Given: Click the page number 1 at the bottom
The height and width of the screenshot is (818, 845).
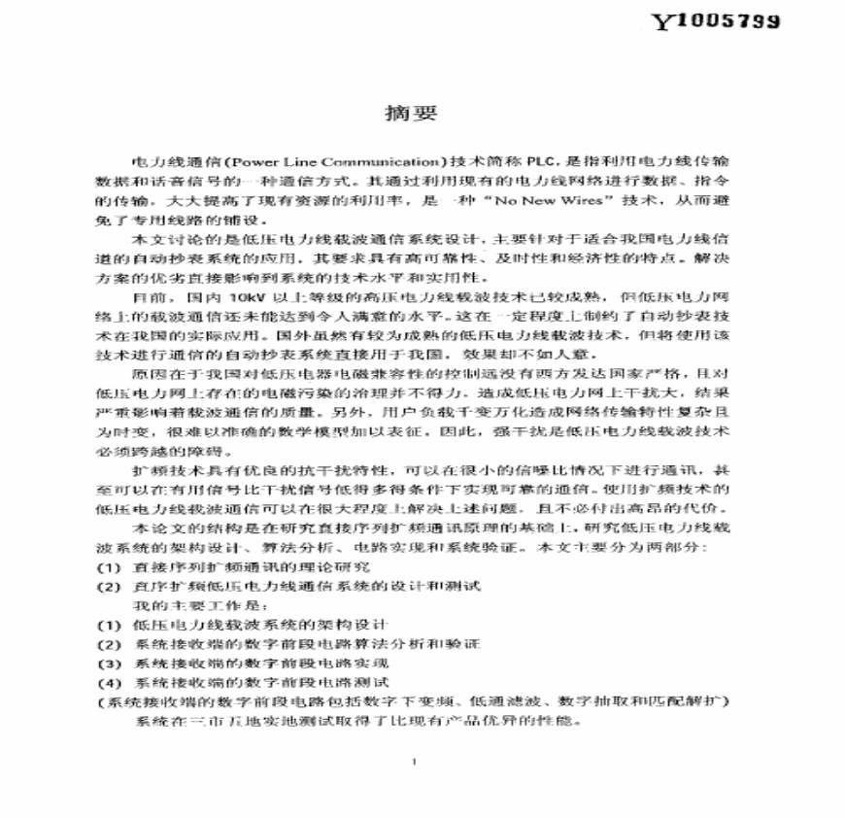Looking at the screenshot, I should pos(414,761).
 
